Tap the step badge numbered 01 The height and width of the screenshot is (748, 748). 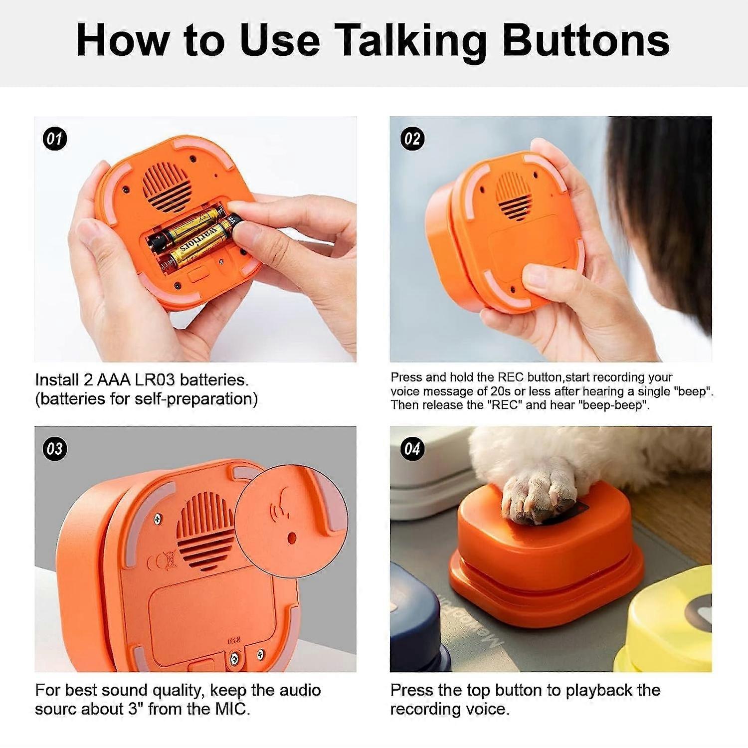pos(54,139)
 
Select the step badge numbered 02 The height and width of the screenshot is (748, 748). pos(412,139)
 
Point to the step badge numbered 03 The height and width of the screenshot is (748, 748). pos(54,449)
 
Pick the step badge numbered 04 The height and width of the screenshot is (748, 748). pos(412,449)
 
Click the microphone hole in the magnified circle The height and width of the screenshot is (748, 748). pos(292,538)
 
